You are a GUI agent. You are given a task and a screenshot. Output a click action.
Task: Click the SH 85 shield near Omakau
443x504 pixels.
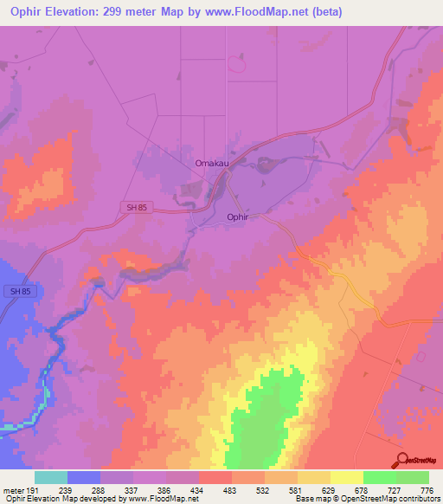pyautogui.click(x=130, y=205)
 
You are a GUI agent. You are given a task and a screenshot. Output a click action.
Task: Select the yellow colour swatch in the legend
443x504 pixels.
pyautogui.click(x=347, y=477)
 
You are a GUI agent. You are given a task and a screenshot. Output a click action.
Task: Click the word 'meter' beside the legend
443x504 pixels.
pyautogui.click(x=12, y=489)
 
